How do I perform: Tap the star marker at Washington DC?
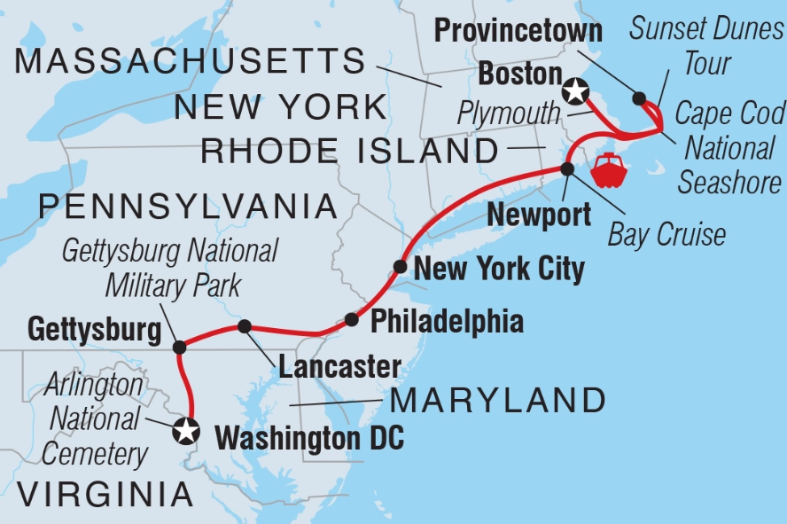[x=186, y=432]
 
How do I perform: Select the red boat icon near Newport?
[x=611, y=171]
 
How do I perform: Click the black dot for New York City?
[x=401, y=266]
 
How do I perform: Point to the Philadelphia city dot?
[x=352, y=319]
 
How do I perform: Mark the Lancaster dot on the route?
[x=244, y=326]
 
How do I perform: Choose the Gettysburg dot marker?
[x=179, y=347]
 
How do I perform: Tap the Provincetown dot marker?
[x=639, y=98]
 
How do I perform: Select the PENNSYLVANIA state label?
[x=188, y=207]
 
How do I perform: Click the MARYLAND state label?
[x=498, y=401]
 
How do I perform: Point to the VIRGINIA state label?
[x=97, y=494]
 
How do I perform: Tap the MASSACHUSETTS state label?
[x=191, y=62]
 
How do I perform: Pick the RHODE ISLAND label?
[x=350, y=151]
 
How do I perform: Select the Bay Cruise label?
[x=666, y=235]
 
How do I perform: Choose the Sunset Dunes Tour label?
[x=705, y=47]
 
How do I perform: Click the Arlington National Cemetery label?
[x=94, y=420]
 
